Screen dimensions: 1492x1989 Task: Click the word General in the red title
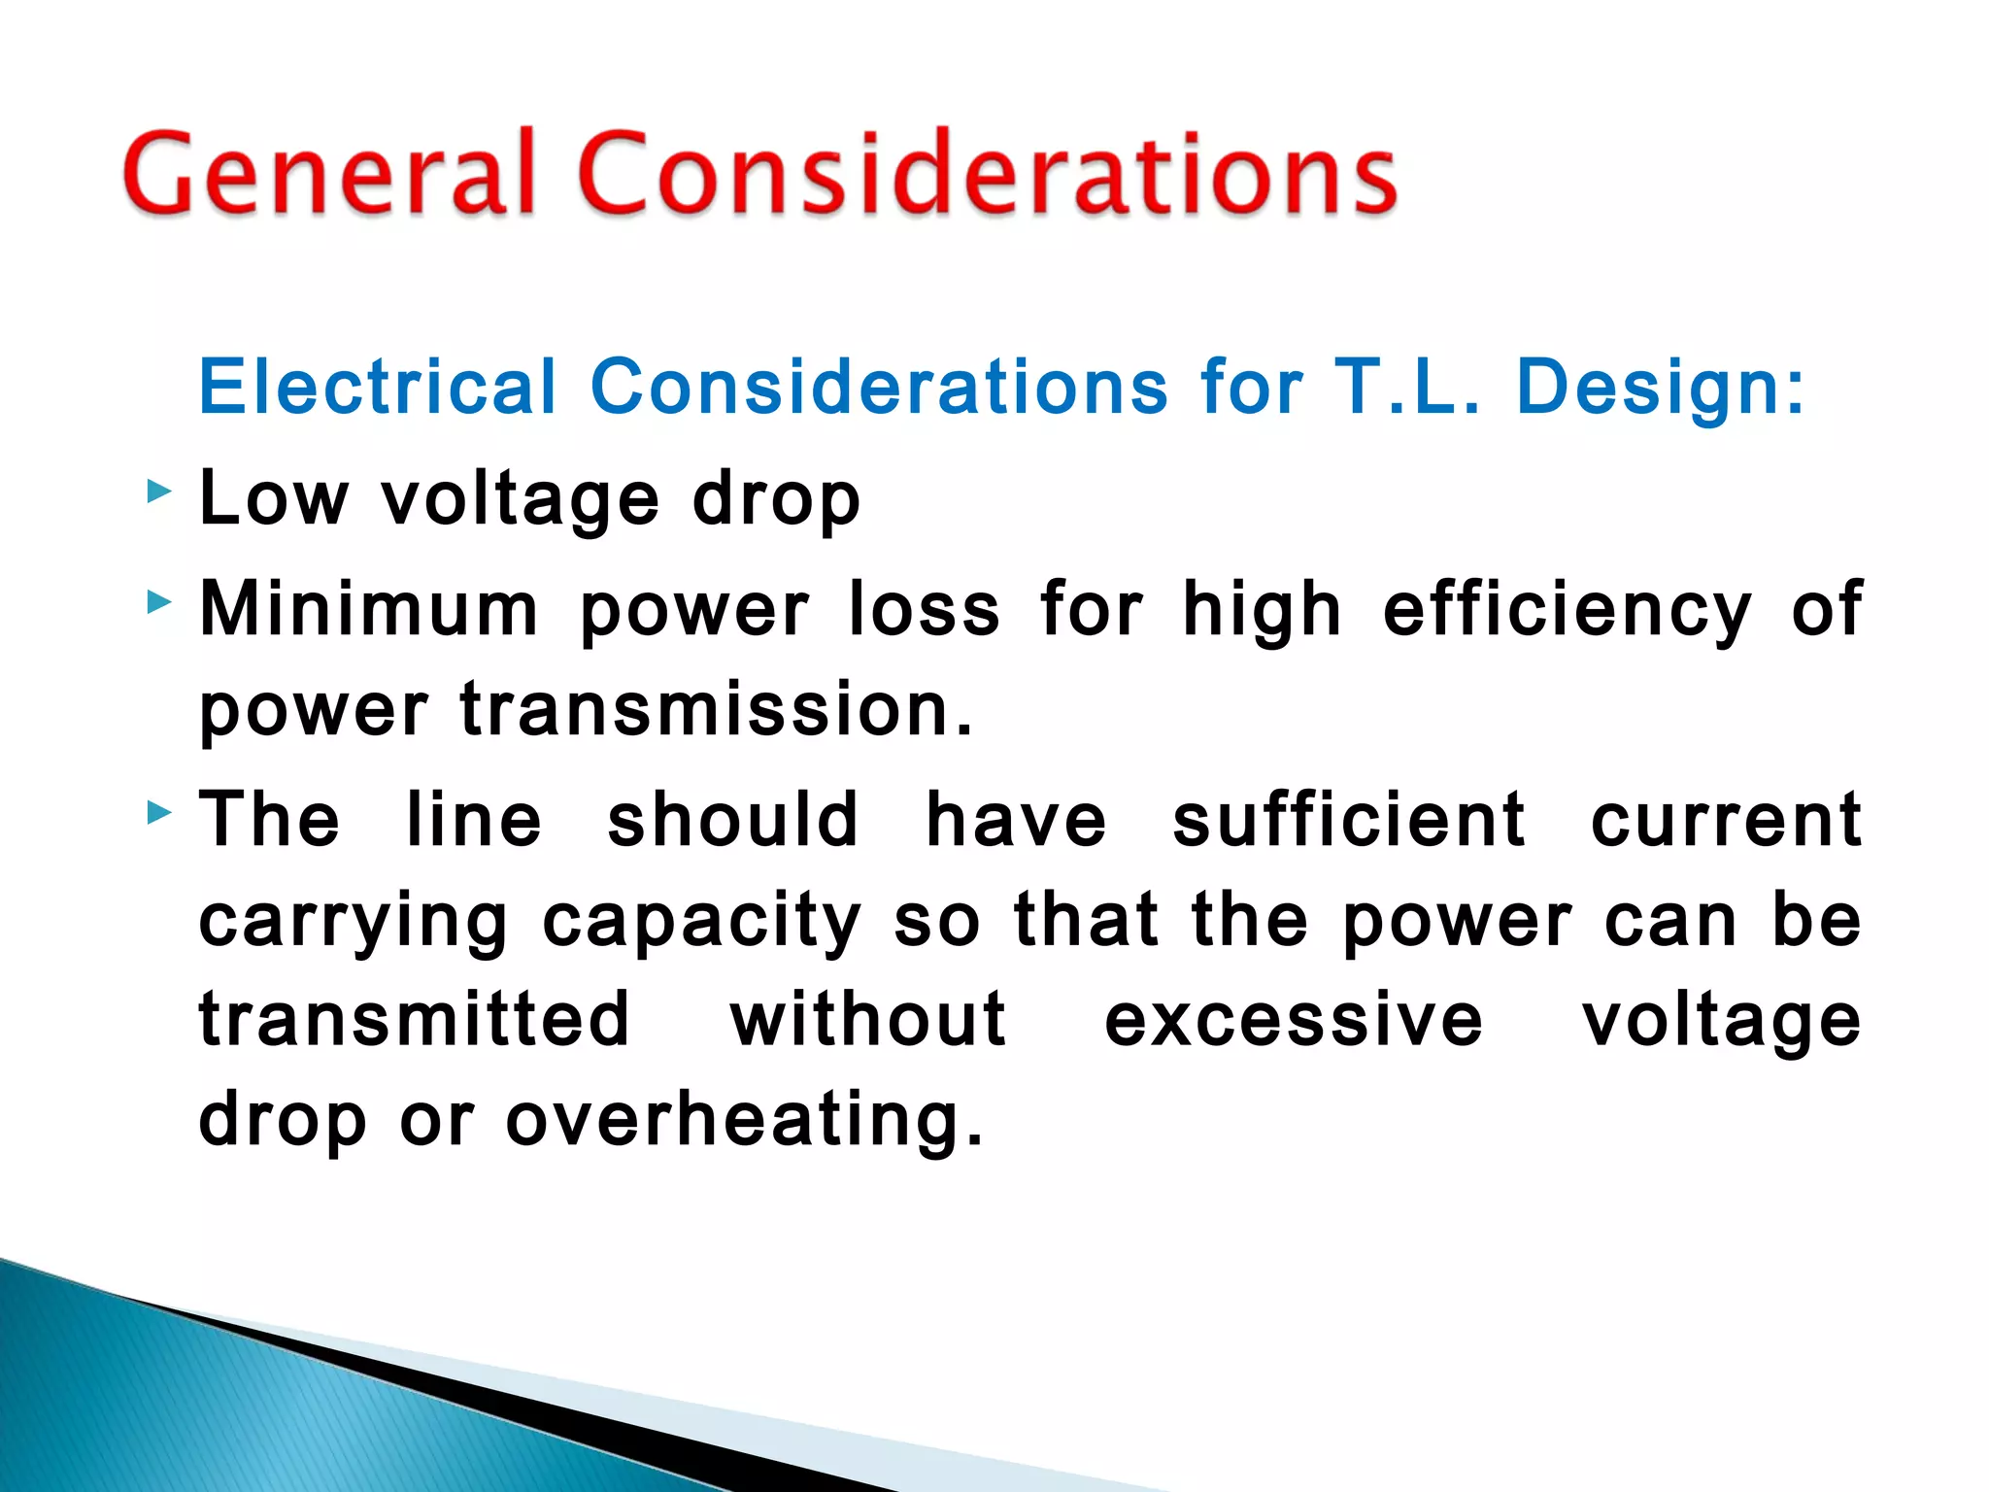(x=330, y=175)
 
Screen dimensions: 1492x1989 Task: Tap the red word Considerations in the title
(x=987, y=175)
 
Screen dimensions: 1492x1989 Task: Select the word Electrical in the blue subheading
(x=378, y=387)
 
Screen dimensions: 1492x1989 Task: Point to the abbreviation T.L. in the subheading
(x=1408, y=387)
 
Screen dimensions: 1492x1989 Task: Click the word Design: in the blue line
(x=1660, y=387)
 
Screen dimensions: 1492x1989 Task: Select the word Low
(x=273, y=499)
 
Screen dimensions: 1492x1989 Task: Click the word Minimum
(x=369, y=610)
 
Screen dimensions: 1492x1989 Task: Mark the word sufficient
(x=1349, y=820)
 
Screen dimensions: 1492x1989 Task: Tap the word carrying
(x=354, y=923)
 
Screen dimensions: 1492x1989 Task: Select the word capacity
(x=701, y=923)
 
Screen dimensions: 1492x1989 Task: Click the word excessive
(x=1294, y=1022)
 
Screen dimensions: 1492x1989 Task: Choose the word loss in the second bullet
(x=924, y=610)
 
